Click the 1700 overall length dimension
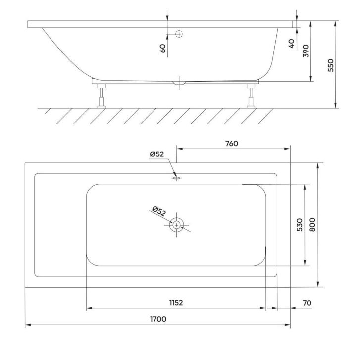pos(158,319)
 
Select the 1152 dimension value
pos(176,303)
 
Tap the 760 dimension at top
pos(232,144)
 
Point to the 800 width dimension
pos(312,225)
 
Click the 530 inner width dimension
pos(300,225)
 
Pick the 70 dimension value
pos(307,303)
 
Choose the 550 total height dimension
pos(331,65)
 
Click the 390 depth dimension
pos(306,51)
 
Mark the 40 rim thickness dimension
pos(291,44)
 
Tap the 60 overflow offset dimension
pos(162,49)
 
